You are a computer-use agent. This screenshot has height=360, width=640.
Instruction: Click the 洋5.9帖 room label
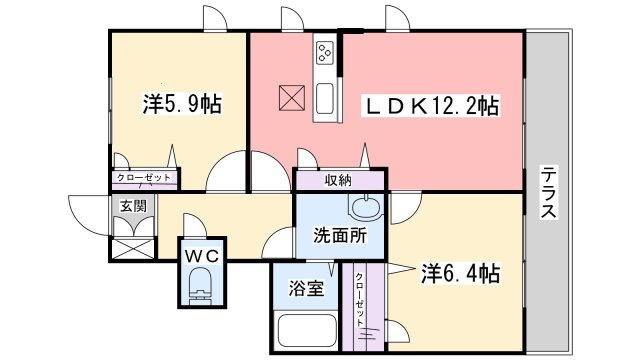pos(182,104)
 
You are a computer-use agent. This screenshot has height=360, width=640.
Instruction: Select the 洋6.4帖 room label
pos(460,273)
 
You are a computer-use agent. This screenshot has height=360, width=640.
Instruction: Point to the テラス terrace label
pos(548,192)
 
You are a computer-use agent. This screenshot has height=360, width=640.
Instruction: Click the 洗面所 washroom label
pos(340,235)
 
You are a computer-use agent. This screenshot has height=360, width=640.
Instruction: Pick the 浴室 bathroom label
pos(306,289)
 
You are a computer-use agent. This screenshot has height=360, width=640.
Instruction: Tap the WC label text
pos(202,256)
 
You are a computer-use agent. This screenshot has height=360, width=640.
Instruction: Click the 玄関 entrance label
pos(133,206)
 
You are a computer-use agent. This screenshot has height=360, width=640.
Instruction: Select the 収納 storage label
pos(338,180)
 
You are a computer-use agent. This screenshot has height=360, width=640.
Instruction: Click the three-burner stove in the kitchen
pos(325,53)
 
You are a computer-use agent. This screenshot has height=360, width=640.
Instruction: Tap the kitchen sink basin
pos(325,98)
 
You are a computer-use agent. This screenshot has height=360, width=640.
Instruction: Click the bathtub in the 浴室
pos(307,330)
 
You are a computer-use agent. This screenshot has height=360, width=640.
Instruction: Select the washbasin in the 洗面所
pos(366,207)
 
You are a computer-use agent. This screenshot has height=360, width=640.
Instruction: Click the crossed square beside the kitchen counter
pos(292,98)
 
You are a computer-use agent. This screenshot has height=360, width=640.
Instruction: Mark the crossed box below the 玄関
pos(133,249)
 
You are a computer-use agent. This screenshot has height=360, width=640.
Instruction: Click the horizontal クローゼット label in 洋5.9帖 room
pos(144,178)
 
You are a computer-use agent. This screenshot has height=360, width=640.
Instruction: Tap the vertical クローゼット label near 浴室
pos(359,299)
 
